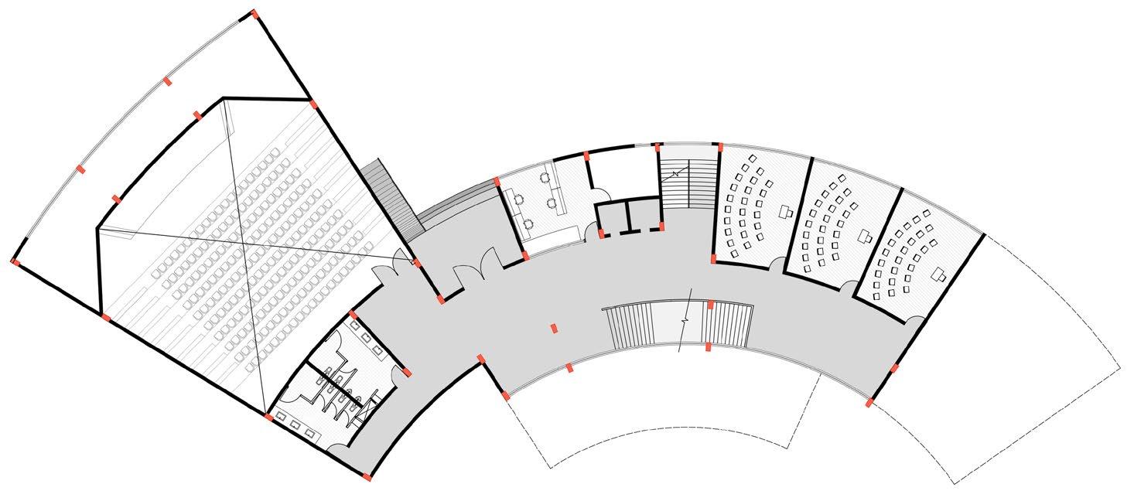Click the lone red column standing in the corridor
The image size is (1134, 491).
point(554,329)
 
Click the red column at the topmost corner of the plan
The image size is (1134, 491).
point(254,13)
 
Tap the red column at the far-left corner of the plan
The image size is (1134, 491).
point(15,261)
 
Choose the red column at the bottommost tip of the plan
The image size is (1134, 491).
point(367,474)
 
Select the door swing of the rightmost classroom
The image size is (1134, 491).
point(914,319)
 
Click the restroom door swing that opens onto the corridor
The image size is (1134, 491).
point(401,373)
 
